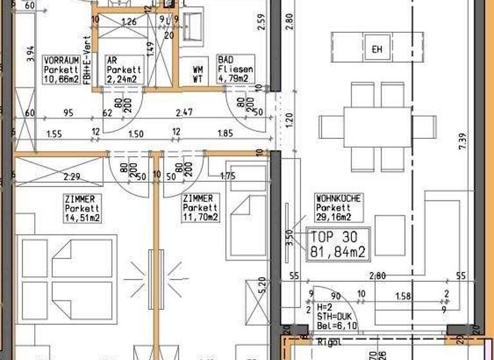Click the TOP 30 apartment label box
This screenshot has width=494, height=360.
tap(340, 244)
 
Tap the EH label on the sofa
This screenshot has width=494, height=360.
tap(377, 50)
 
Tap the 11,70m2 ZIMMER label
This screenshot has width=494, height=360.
tap(201, 208)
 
